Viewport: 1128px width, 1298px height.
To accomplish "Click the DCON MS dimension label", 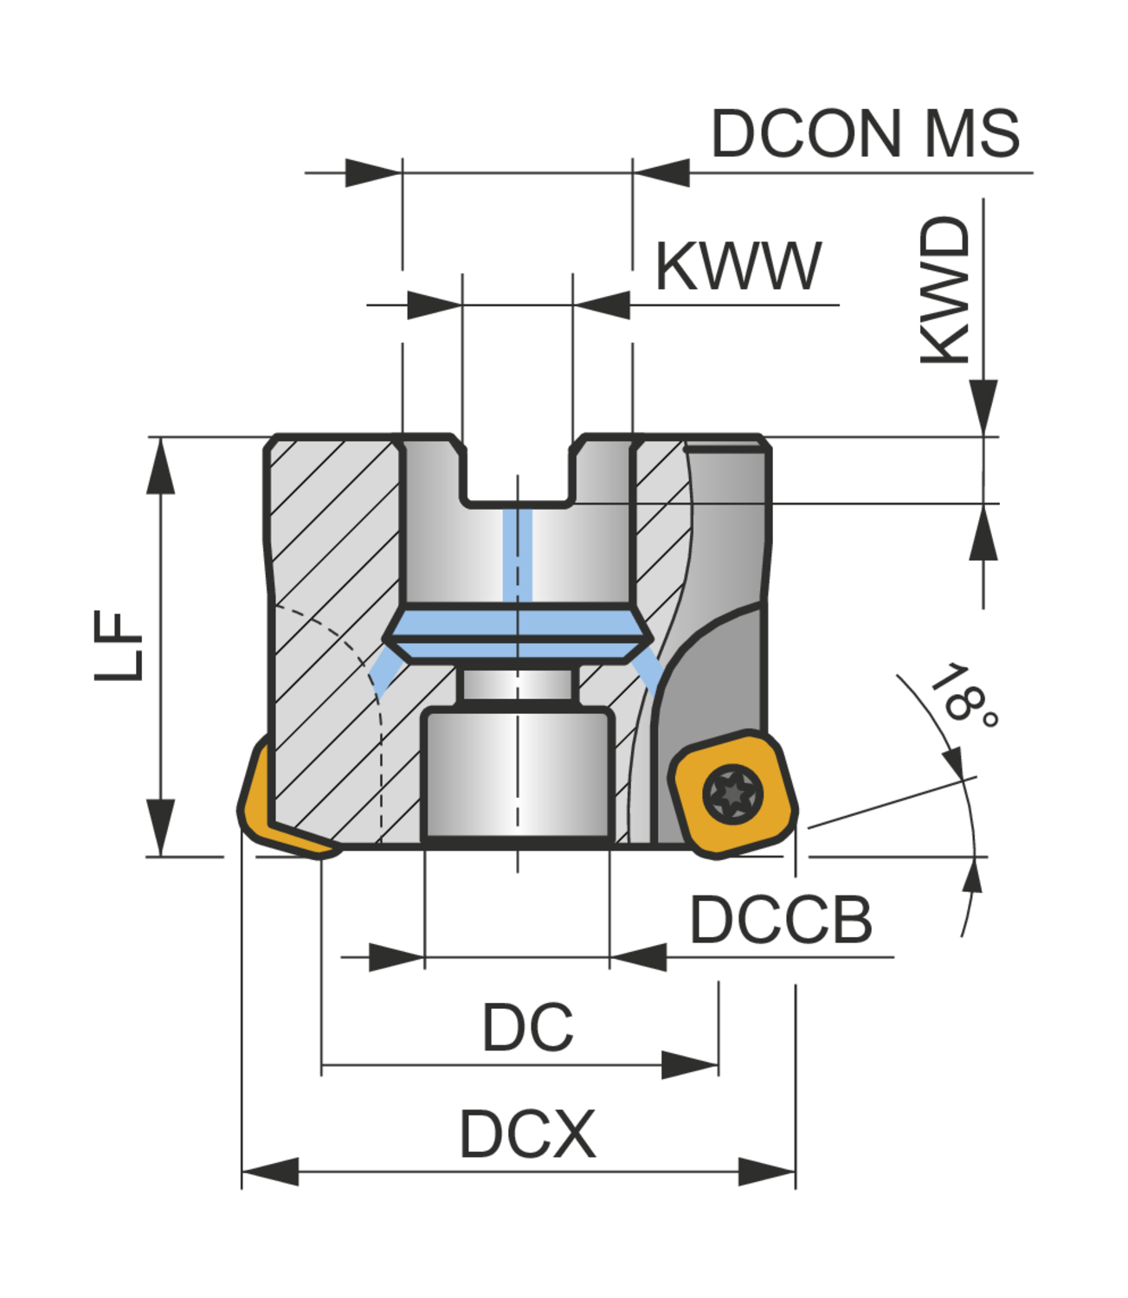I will [x=865, y=135].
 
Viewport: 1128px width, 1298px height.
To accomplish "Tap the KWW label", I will [x=738, y=267].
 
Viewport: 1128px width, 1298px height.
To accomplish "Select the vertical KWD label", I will [x=945, y=290].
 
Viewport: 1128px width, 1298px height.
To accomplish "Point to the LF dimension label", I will [x=119, y=646].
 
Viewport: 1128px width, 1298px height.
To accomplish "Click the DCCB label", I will [x=780, y=920].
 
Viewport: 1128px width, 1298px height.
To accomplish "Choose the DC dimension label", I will [x=527, y=1028].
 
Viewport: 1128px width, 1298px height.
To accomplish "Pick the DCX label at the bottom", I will [x=527, y=1134].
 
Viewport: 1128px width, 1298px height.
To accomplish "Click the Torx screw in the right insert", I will [x=732, y=794].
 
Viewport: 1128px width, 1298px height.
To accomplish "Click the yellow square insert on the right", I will [x=732, y=794].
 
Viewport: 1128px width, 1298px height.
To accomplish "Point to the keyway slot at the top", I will [x=517, y=472].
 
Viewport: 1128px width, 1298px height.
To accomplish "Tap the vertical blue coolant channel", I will [x=517, y=554].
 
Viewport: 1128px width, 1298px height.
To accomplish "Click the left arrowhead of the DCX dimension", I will [x=268, y=1172].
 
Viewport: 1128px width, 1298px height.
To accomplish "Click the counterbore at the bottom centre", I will [x=517, y=774].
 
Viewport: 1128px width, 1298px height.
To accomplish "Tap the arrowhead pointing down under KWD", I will [x=983, y=405].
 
